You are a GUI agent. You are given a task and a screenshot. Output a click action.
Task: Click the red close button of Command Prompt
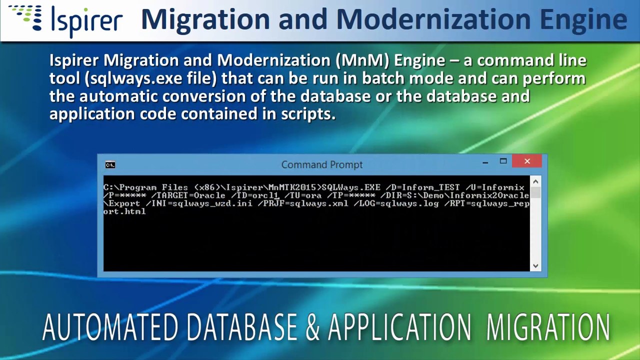(x=527, y=161)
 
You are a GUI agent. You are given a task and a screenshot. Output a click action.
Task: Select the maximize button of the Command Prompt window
(x=503, y=161)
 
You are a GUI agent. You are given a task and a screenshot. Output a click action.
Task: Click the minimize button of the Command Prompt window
(x=485, y=162)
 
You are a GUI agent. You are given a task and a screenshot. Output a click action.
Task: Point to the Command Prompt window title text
(x=321, y=164)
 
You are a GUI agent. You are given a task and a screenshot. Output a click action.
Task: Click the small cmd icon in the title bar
(x=110, y=164)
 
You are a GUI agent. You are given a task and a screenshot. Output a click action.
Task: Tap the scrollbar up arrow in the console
(x=535, y=182)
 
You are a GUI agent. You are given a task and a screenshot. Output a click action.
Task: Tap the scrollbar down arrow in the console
(x=535, y=266)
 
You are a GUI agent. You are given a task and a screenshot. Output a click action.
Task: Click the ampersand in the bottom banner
(x=312, y=327)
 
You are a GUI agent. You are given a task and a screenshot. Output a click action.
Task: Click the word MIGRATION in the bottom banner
(x=548, y=327)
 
